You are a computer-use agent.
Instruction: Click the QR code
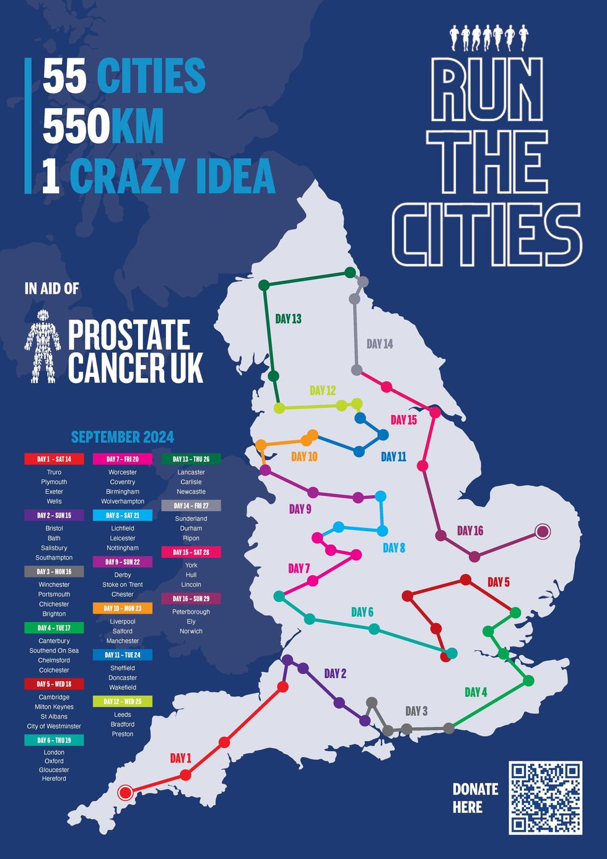pyautogui.click(x=545, y=798)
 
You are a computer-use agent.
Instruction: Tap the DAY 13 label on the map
pyautogui.click(x=288, y=319)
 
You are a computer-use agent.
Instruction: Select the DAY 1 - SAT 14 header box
pyautogui.click(x=54, y=459)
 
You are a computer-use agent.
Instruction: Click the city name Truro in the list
pyautogui.click(x=54, y=472)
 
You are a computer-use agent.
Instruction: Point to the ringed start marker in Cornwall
pyautogui.click(x=125, y=792)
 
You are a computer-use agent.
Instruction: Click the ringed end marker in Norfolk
pyautogui.click(x=543, y=531)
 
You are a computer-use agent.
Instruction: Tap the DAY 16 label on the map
pyautogui.click(x=470, y=531)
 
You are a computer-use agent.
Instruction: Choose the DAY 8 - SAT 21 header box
pyautogui.click(x=123, y=515)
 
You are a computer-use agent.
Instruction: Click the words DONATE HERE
pyautogui.click(x=475, y=798)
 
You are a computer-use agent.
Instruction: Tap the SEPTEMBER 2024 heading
pyautogui.click(x=123, y=437)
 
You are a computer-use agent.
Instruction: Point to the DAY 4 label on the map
pyautogui.click(x=476, y=692)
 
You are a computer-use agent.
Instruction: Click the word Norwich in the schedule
pyautogui.click(x=191, y=631)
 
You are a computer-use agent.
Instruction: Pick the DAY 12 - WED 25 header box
pyautogui.click(x=123, y=702)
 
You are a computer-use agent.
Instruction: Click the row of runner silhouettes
pyautogui.click(x=489, y=37)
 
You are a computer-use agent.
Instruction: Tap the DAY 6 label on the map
pyautogui.click(x=362, y=612)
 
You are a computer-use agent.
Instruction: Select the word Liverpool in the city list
pyautogui.click(x=123, y=621)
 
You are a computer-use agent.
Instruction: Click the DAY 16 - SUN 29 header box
pyautogui.click(x=191, y=599)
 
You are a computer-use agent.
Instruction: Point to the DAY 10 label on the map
pyautogui.click(x=304, y=457)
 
